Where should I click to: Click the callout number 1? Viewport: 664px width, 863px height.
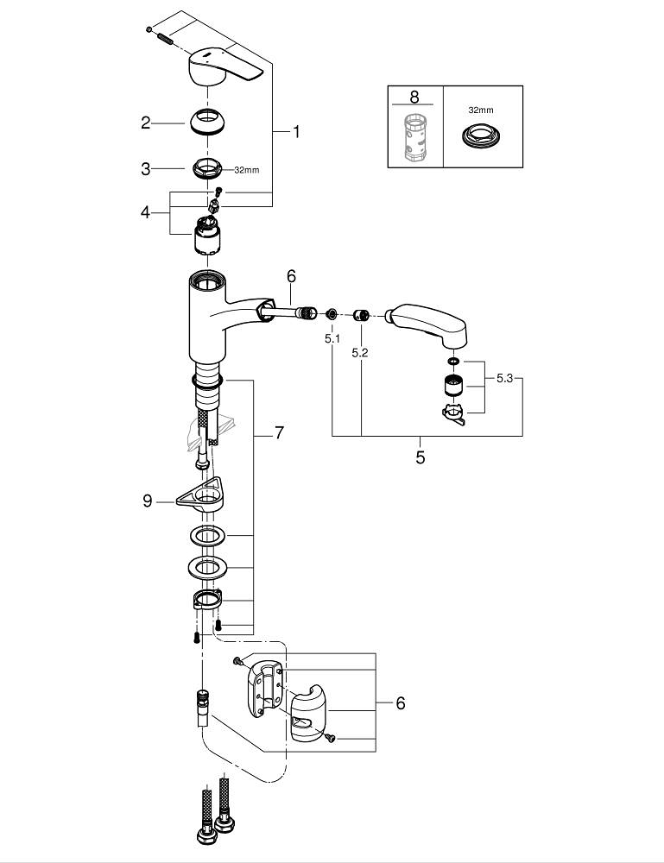(x=295, y=132)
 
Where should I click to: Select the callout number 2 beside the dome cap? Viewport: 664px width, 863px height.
(x=146, y=123)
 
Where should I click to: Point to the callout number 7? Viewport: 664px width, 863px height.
(x=279, y=434)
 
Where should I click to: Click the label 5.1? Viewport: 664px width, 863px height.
(x=332, y=339)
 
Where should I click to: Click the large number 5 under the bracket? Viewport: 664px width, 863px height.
(x=421, y=457)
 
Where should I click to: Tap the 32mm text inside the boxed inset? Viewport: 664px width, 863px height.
(x=482, y=110)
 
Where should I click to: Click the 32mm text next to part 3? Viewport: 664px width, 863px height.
(x=246, y=170)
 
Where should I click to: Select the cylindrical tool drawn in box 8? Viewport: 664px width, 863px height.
(x=415, y=135)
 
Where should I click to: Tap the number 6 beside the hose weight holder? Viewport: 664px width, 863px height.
(x=400, y=703)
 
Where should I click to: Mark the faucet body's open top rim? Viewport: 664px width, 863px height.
(x=208, y=280)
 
